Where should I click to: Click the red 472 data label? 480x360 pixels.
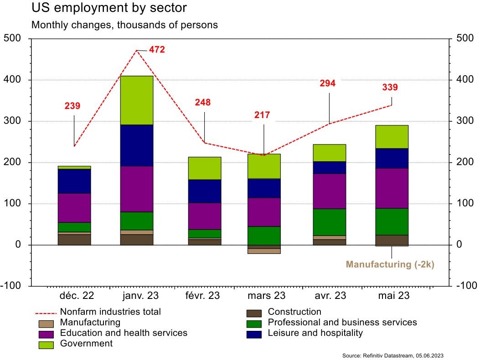(157, 50)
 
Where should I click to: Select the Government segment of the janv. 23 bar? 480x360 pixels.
(137, 100)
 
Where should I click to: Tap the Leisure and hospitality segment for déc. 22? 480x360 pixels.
(74, 181)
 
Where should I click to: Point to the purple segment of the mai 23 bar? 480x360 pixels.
(392, 188)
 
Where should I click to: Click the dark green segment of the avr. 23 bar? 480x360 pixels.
(330, 222)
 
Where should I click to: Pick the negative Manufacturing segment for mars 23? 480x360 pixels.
(264, 251)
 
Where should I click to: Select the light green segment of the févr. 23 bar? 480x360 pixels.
(205, 168)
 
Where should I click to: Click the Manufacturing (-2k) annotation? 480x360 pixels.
(390, 264)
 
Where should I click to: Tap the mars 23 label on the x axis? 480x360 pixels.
(266, 296)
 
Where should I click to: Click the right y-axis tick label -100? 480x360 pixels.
(466, 286)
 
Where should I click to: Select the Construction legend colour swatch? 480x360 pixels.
(254, 313)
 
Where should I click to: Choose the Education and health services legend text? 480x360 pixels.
(124, 333)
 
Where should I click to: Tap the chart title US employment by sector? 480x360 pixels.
(109, 8)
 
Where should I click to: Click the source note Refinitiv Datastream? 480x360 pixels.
(392, 355)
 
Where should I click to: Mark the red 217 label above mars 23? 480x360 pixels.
(262, 115)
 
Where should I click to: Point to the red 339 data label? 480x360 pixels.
(390, 87)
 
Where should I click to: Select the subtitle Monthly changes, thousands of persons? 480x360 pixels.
(124, 25)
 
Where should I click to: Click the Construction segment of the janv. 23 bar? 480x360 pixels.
(137, 240)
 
